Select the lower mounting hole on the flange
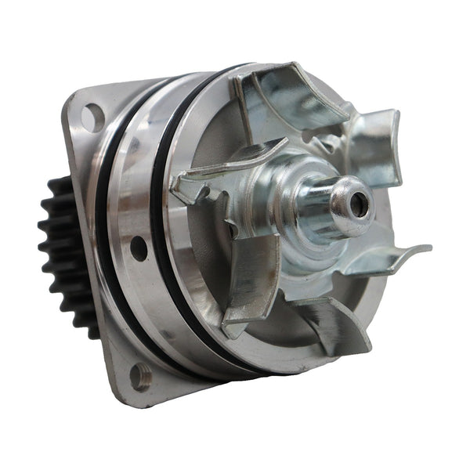coord(139,376)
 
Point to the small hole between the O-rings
coord(139,248)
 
